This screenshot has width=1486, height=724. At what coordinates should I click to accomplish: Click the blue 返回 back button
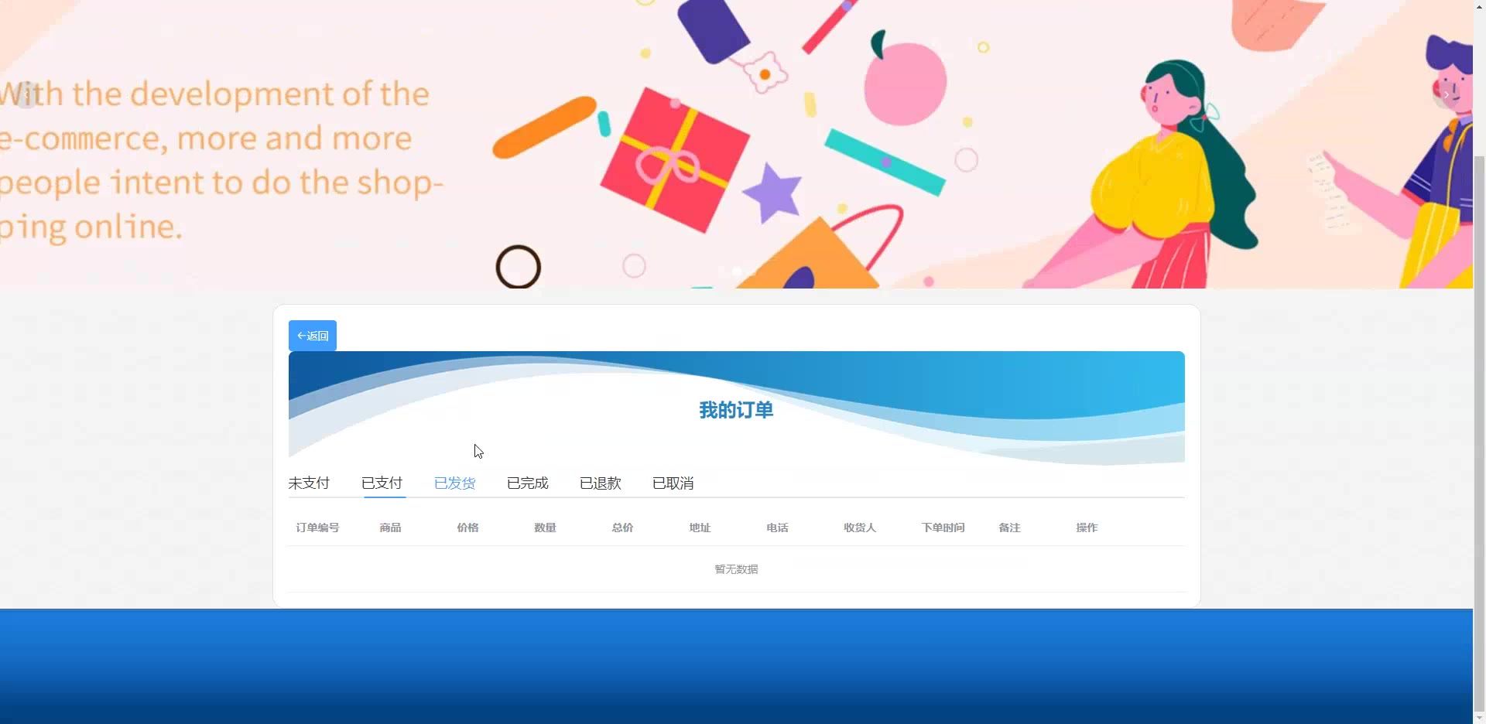313,336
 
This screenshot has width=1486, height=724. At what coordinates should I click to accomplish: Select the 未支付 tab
309,483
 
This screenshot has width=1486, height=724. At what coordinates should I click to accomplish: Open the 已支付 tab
382,483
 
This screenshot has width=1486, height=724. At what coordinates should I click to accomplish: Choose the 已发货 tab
454,483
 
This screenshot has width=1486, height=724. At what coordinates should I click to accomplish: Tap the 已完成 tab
527,483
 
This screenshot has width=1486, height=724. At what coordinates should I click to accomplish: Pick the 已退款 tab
600,483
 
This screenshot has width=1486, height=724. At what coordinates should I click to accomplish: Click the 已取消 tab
673,483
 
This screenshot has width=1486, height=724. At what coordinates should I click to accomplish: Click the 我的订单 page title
736,410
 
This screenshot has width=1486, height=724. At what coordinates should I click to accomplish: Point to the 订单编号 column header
317,528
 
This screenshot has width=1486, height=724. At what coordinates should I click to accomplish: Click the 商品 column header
390,528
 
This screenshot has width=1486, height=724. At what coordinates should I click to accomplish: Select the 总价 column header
622,528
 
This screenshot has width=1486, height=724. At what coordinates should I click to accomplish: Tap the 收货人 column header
860,528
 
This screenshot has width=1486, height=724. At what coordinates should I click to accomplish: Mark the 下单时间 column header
943,528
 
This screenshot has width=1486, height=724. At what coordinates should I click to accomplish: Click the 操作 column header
1087,528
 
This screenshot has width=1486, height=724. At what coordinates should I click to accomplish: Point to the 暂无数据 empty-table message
736,569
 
